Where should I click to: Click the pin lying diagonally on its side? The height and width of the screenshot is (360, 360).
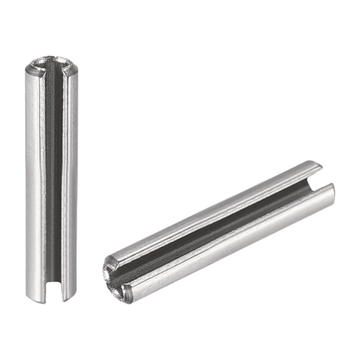coord(219,231)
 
